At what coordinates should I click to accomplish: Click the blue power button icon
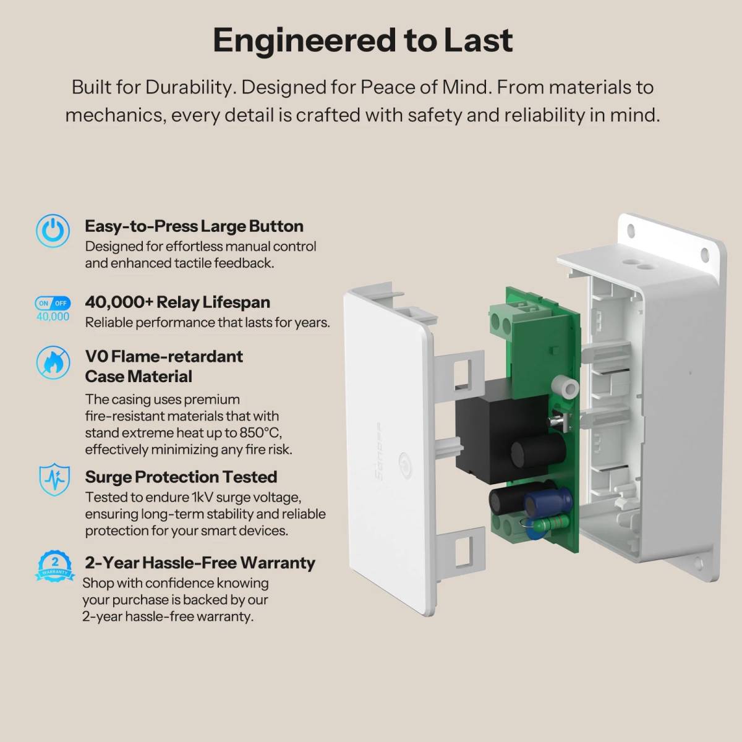pos(53,231)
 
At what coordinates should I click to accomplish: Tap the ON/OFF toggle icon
pos(53,303)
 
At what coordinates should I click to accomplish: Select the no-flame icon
pos(53,362)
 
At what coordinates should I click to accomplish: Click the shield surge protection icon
pos(54,479)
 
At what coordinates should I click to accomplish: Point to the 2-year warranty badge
pos(54,566)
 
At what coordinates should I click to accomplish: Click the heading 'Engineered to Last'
pos(363,41)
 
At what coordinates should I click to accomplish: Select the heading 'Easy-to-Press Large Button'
pos(194,226)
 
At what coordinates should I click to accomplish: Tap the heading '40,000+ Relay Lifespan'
pos(177,302)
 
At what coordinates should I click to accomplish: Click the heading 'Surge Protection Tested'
pos(181,477)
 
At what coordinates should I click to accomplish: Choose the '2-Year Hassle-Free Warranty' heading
pos(200,563)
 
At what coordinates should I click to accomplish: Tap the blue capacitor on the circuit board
pos(548,503)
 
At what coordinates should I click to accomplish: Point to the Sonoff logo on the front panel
pos(379,451)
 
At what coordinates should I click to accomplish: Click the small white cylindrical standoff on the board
pos(565,388)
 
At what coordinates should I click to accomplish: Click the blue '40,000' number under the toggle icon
pos(53,317)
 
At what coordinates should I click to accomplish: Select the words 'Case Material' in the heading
pos(139,377)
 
